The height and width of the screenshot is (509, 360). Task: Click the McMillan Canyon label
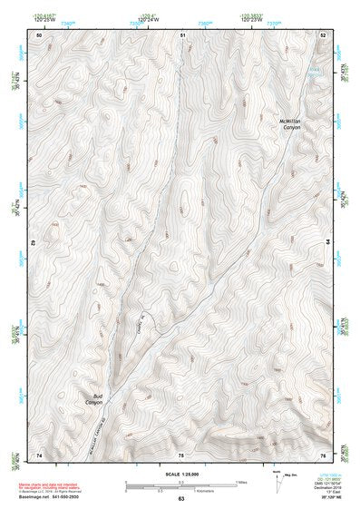tap(291, 124)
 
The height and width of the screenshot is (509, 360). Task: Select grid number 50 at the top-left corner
tap(40, 34)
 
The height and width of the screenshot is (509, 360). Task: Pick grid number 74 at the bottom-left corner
tap(40, 454)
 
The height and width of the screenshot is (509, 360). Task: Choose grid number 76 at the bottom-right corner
tap(322, 454)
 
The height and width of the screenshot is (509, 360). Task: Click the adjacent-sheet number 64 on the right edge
tap(327, 244)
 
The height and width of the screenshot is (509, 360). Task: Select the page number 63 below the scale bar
tap(181, 498)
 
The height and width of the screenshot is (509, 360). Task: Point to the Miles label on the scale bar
tap(242, 482)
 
